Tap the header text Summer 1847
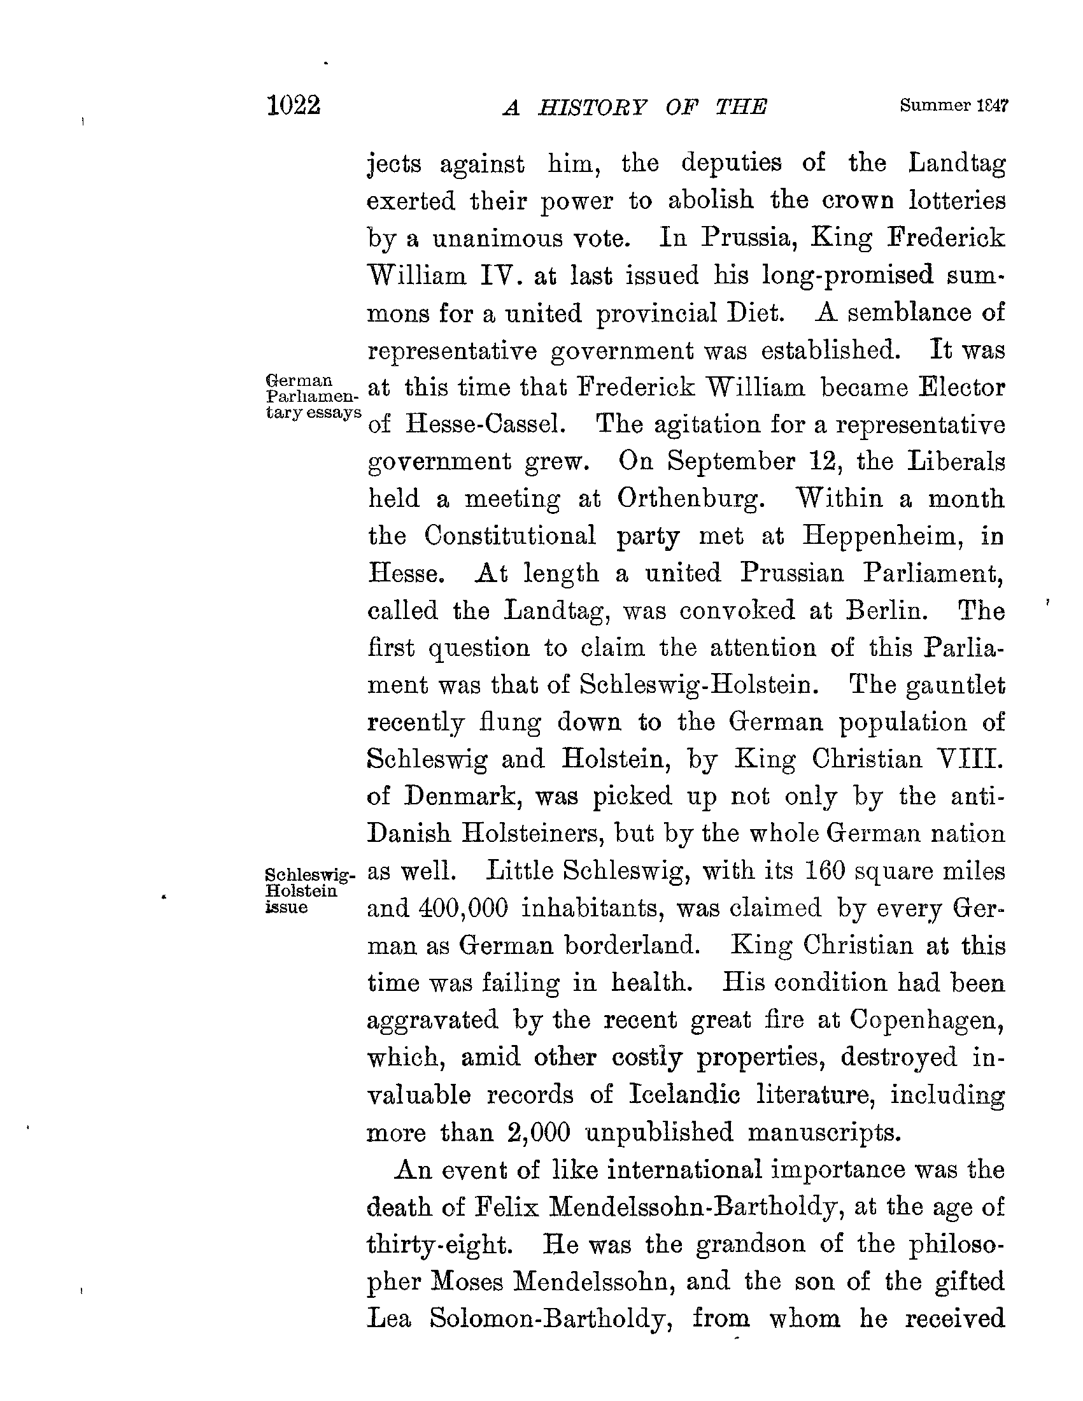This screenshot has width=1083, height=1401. [955, 106]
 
